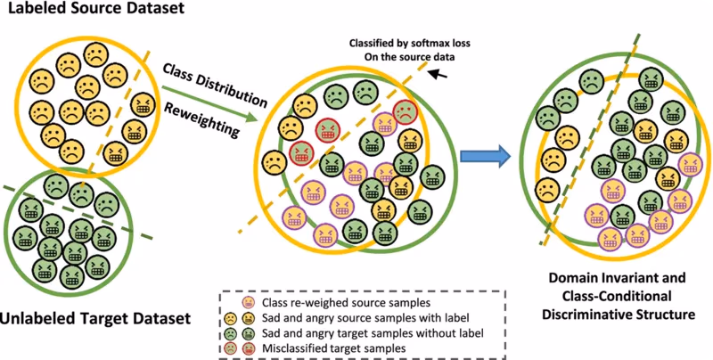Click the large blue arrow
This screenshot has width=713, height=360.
point(486,157)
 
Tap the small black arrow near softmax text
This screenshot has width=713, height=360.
point(438,72)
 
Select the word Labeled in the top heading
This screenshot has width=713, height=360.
point(33,8)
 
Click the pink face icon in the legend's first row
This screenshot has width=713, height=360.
point(249,302)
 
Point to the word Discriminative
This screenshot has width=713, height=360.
point(592,315)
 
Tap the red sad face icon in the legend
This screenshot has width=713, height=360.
point(231,348)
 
